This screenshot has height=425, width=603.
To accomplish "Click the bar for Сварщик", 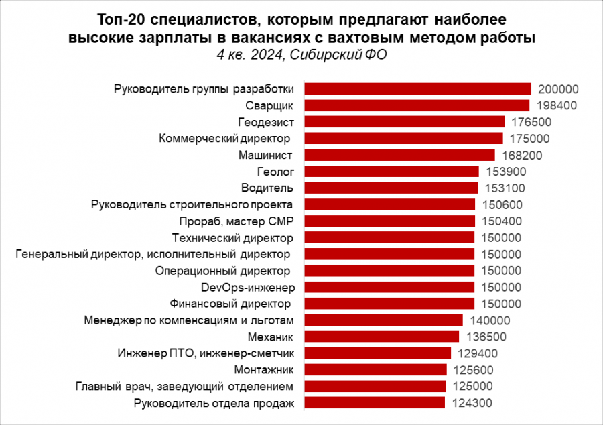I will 417,105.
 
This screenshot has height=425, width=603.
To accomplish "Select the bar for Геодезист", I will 405,122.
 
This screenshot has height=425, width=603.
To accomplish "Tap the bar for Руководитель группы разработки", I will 418,89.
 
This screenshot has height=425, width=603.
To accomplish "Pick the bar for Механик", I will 382,337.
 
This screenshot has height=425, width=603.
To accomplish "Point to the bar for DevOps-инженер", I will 390,287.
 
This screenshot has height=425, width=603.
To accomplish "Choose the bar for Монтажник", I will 376,369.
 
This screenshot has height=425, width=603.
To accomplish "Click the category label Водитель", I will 269,188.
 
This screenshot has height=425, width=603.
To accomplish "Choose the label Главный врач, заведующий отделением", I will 185,386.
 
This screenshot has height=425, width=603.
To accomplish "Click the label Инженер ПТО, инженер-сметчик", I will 206,353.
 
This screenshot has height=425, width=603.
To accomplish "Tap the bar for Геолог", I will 392,172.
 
